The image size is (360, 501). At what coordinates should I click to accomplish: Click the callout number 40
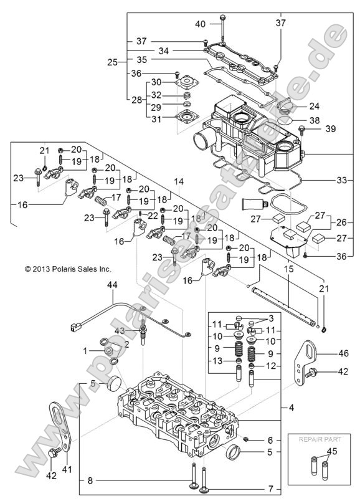click(x=201, y=24)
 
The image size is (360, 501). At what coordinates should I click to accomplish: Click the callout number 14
click(x=179, y=181)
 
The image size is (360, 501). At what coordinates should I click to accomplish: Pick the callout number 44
click(x=111, y=285)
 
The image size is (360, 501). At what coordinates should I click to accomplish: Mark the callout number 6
click(x=270, y=440)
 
